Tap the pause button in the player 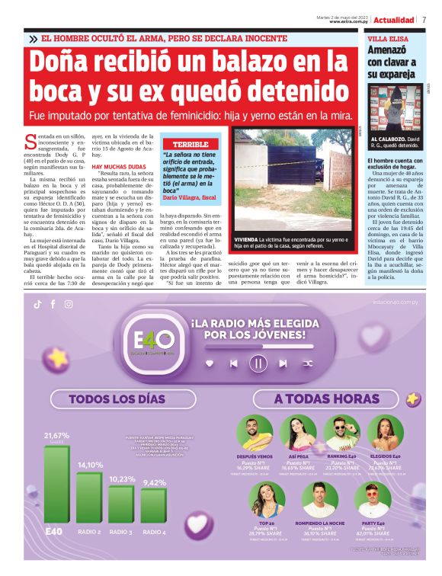258,363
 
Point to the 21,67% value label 57,435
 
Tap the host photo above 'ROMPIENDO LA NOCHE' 320,498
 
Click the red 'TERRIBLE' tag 190,144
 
